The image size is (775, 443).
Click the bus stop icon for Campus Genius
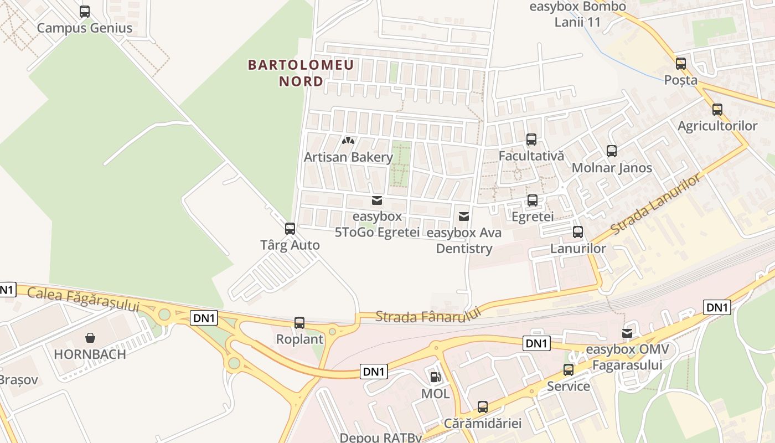pos(84,11)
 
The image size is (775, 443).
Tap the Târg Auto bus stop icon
pos(290,228)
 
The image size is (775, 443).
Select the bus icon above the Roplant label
pos(299,322)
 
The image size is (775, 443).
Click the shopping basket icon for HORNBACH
pos(90,337)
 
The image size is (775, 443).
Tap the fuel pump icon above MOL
pos(436,377)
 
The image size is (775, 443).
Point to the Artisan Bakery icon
pos(348,141)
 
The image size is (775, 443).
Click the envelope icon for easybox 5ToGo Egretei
pos(377,200)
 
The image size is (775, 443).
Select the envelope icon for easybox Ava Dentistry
pos(464,216)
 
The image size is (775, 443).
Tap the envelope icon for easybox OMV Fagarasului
pos(627,333)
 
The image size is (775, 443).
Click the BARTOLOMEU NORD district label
pos(301,73)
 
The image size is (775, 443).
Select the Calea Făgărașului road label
pos(83,300)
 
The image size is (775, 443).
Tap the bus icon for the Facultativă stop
pos(531,140)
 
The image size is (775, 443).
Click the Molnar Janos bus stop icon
pos(611,151)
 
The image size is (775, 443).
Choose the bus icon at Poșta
pos(680,64)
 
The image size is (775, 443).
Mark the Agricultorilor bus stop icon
pos(717,110)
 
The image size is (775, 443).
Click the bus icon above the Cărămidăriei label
pos(482,407)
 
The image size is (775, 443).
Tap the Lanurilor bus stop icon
pos(577,232)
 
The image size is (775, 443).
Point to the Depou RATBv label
pos(381,437)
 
